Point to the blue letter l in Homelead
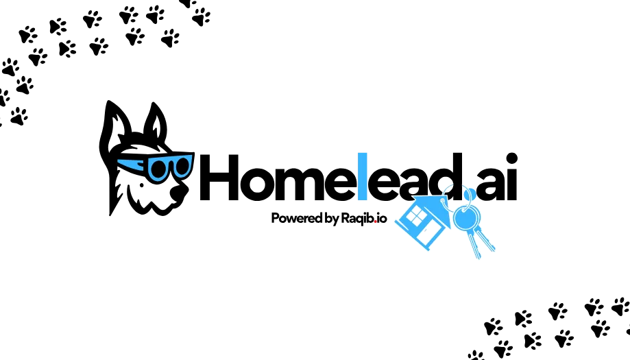pyautogui.click(x=363, y=176)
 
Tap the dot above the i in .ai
pyautogui.click(x=511, y=158)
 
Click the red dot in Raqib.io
pyautogui.click(x=375, y=221)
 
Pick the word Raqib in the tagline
pyautogui.click(x=357, y=219)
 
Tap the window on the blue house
pyautogui.click(x=416, y=217)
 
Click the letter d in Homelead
pyautogui.click(x=447, y=177)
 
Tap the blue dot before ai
pyautogui.click(x=470, y=195)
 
